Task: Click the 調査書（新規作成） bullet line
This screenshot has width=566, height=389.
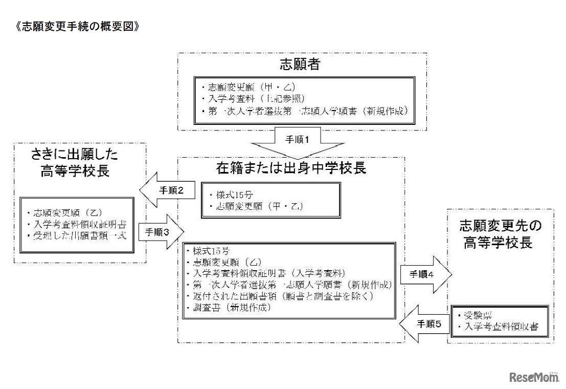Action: tap(231, 308)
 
